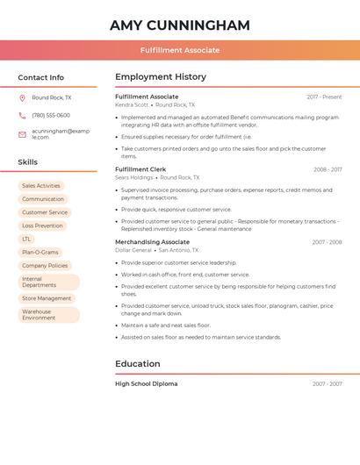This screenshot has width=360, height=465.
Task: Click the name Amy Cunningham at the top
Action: (180, 25)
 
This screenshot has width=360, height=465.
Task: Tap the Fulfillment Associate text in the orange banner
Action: (180, 50)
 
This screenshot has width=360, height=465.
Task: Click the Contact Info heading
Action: (41, 77)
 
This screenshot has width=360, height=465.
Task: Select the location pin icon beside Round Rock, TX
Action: (22, 97)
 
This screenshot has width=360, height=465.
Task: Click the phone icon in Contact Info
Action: (22, 115)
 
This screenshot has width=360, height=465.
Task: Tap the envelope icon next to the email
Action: (22, 134)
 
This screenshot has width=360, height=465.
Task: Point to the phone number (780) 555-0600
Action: (51, 115)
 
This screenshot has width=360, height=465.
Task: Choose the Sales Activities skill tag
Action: (41, 186)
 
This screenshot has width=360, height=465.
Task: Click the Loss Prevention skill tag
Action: (42, 225)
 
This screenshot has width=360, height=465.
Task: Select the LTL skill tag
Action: (26, 239)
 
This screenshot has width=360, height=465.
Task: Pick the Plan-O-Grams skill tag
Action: (40, 252)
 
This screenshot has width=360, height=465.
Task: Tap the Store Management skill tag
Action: (47, 298)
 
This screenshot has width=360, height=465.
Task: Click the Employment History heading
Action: (161, 76)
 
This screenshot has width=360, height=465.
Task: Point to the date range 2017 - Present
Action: (324, 97)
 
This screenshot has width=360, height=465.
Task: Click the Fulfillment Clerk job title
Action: (140, 169)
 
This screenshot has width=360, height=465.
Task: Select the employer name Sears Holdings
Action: (133, 177)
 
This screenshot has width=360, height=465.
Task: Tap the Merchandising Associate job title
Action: (152, 241)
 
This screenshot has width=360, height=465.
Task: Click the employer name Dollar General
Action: (133, 250)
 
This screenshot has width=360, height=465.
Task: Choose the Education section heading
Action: (138, 363)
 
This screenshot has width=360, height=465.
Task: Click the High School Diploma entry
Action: (146, 383)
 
